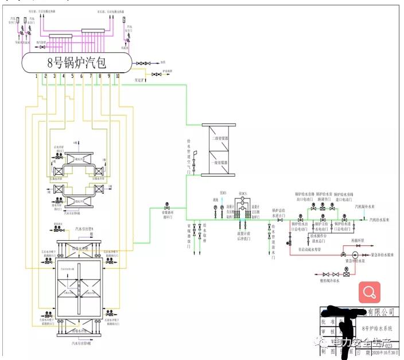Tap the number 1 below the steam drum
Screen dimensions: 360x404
pyautogui.click(x=36, y=76)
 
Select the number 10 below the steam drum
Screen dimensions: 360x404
pyautogui.click(x=118, y=76)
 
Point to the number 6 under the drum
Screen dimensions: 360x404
pyautogui.click(x=81, y=76)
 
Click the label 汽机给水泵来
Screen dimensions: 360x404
pyautogui.click(x=379, y=220)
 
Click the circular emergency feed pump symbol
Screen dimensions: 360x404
pyautogui.click(x=354, y=254)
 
